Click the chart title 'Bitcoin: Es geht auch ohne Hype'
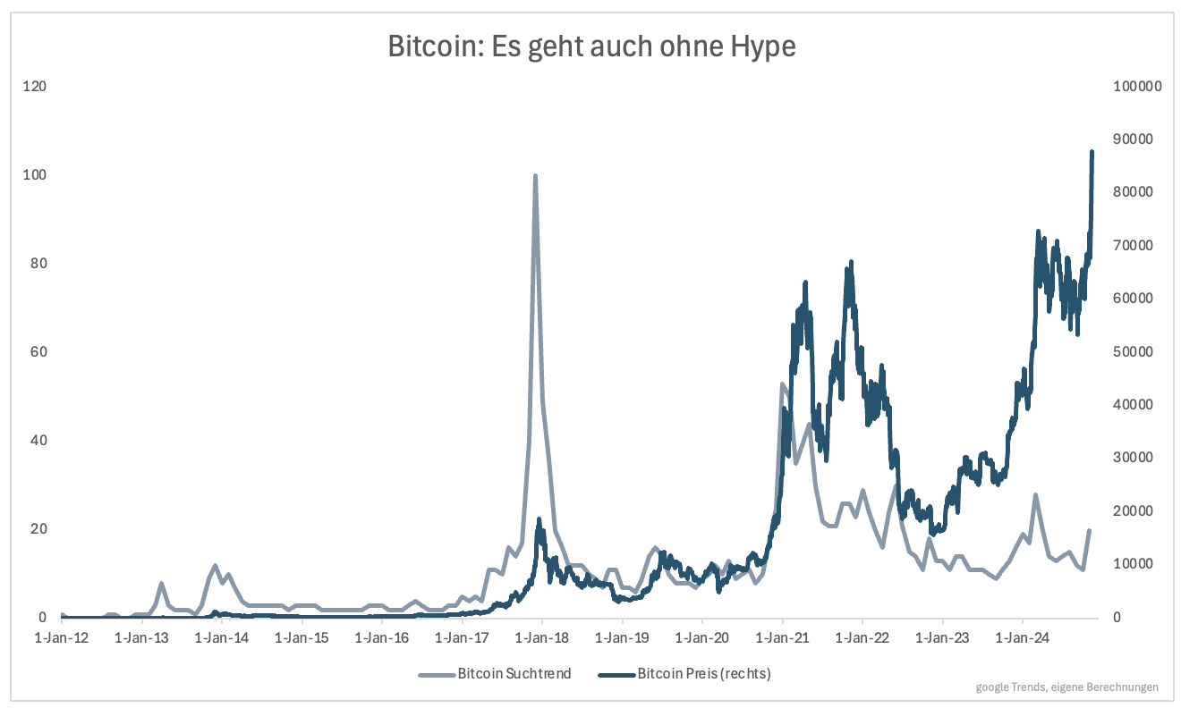591,46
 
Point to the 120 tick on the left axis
35,87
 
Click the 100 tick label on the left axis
35,175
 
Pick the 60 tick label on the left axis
37,352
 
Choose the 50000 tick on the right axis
1134,352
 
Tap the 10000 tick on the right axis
1134,564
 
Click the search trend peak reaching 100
535,176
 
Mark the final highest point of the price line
1092,152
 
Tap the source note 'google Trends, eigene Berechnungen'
1067,687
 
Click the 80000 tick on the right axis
1134,193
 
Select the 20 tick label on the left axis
37,528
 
